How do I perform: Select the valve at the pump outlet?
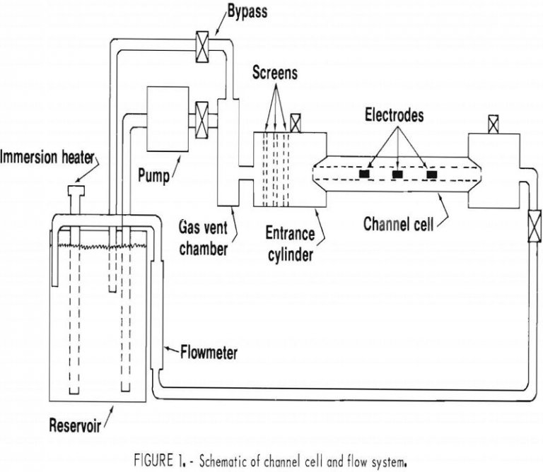[202, 114]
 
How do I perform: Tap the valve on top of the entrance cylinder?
[296, 124]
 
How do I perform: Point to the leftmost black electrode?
[364, 173]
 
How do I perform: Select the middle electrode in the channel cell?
[397, 173]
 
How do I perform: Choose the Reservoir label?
[75, 425]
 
